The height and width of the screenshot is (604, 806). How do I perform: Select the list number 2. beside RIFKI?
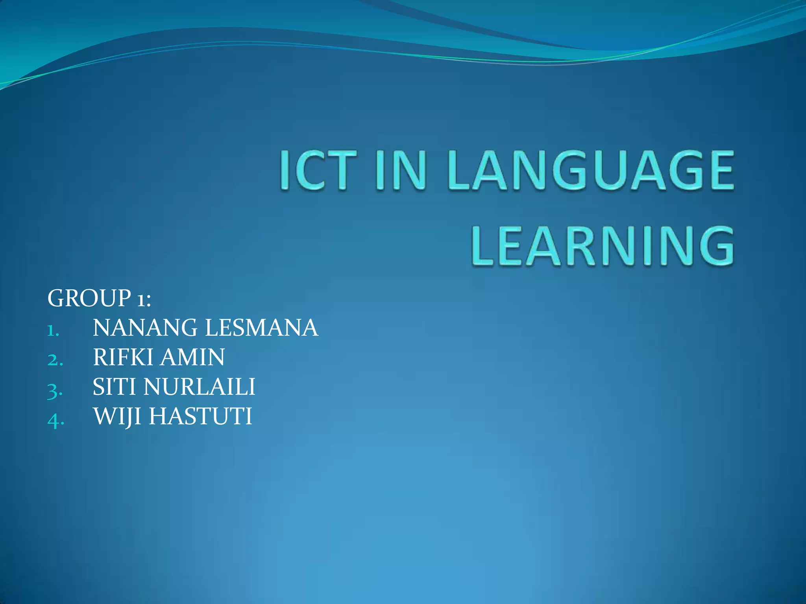pyautogui.click(x=55, y=360)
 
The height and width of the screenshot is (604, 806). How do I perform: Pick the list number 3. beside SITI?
pyautogui.click(x=55, y=390)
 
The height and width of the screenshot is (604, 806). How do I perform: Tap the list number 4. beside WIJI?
pyautogui.click(x=55, y=420)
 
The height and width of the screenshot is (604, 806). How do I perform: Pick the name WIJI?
pyautogui.click(x=117, y=416)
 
